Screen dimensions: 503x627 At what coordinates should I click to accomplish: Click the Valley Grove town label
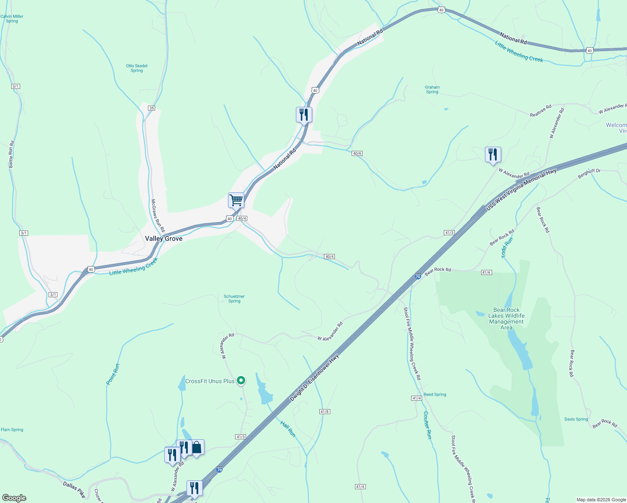coord(163,239)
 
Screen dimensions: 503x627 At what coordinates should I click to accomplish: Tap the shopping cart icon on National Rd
coord(236,200)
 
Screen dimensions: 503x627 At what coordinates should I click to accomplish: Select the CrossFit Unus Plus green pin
coord(241,381)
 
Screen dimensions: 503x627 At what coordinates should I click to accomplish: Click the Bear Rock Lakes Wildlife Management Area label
coord(506,319)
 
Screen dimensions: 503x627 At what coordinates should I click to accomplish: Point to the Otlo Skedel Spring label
coord(137,68)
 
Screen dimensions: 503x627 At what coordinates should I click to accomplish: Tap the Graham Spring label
coord(432,89)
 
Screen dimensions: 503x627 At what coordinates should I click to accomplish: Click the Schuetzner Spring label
coord(234,298)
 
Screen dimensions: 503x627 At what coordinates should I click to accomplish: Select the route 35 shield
coord(151,108)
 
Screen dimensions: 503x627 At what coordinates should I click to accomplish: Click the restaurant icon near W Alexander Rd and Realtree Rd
coord(493,155)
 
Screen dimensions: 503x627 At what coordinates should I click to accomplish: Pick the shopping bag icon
coord(197,447)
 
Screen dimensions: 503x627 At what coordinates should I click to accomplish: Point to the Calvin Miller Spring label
coord(12,18)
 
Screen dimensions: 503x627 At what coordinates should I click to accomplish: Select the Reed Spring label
coord(435,394)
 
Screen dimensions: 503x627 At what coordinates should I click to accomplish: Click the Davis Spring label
coord(576,419)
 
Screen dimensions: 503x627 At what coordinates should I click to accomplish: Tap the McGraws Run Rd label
coord(158,215)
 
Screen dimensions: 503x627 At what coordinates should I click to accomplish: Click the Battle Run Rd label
coord(12,154)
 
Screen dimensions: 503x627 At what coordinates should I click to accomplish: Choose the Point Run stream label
coord(113,374)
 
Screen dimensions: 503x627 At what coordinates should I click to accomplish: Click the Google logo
coord(14,498)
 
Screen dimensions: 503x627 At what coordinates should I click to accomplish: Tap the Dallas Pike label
coord(74,490)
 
